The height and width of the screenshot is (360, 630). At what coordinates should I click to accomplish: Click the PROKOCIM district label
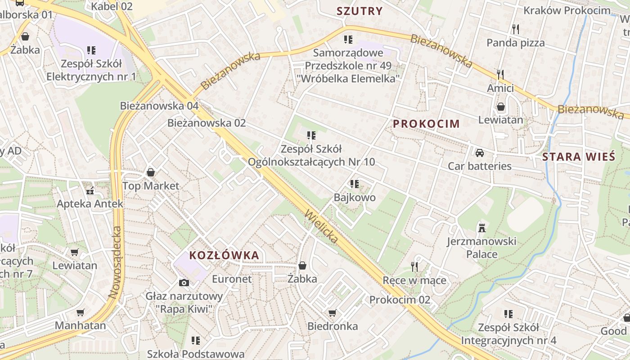[427, 124]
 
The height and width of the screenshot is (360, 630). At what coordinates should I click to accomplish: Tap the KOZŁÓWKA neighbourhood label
[224, 256]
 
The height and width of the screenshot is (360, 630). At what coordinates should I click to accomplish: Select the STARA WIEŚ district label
[578, 157]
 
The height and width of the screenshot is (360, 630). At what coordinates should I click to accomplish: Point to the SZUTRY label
[360, 11]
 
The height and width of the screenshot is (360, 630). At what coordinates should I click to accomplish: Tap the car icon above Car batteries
[479, 153]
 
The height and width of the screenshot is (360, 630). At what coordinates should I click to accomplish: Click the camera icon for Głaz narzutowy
[184, 283]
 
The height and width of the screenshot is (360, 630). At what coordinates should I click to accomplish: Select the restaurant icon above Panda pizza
[515, 29]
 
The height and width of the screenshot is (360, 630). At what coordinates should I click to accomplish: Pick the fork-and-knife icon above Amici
[500, 74]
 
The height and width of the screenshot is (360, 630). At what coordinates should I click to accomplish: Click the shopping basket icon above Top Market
[151, 172]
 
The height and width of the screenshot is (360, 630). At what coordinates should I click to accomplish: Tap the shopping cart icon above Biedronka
[332, 313]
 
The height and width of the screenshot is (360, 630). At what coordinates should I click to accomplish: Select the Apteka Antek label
[90, 204]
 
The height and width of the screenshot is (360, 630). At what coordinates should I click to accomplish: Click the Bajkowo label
[354, 198]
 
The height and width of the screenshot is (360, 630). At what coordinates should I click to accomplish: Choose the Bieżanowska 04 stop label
[159, 106]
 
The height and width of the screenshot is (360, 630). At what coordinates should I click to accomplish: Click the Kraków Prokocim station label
[567, 10]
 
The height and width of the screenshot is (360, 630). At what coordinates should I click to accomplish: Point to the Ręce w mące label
[414, 280]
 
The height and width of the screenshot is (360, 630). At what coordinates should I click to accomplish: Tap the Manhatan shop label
[81, 325]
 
